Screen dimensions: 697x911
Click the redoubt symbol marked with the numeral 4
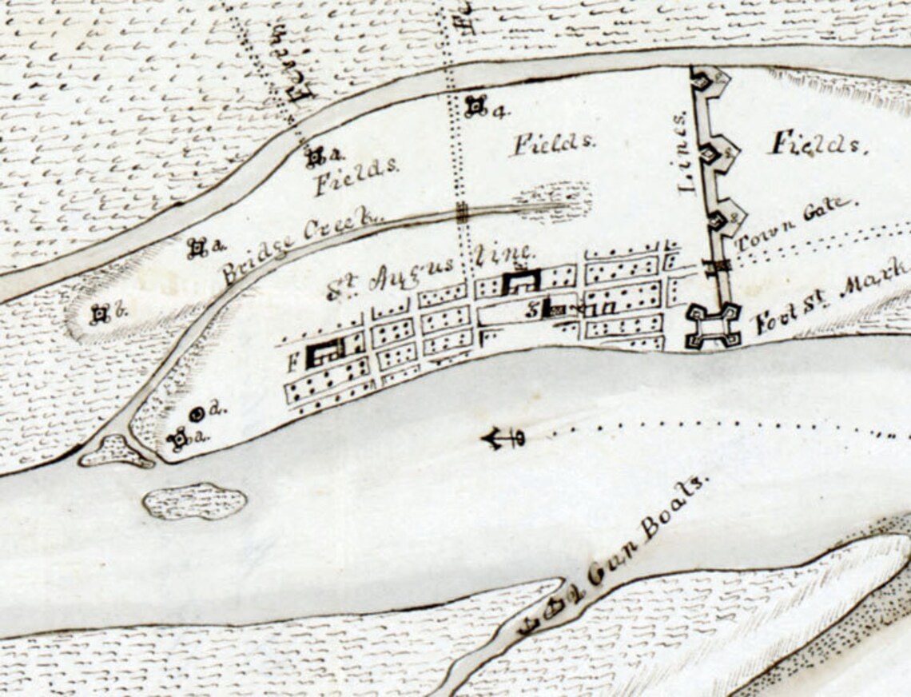(476, 106)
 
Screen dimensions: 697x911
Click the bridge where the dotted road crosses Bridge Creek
(462, 211)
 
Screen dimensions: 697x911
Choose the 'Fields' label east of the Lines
(818, 145)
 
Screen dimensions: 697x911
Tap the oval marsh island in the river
(195, 501)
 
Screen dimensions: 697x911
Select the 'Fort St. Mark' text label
(831, 297)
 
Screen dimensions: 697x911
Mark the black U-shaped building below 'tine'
(521, 282)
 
